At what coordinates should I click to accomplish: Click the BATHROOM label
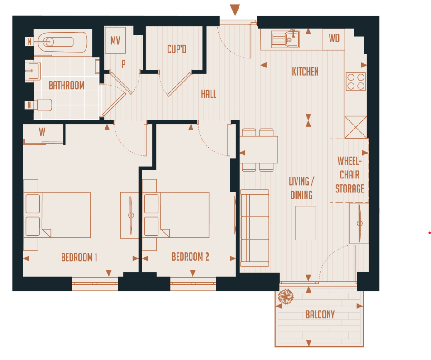67,85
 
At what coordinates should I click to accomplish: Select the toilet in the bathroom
43,105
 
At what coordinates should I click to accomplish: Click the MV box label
115,40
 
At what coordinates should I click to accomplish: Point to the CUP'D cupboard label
177,49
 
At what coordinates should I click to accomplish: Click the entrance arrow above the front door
235,10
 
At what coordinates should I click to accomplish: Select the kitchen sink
285,38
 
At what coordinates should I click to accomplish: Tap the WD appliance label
334,38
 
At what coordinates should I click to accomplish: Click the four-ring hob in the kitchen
356,82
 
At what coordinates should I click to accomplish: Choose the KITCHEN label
305,72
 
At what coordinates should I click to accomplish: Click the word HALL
209,94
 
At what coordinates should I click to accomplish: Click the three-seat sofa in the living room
254,229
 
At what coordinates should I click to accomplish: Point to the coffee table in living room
306,223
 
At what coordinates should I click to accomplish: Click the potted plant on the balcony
286,297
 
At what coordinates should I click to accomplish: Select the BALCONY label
320,314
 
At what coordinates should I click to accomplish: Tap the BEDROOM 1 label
79,258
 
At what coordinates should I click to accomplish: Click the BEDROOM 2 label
190,257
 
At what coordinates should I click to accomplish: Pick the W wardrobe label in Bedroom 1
42,132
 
